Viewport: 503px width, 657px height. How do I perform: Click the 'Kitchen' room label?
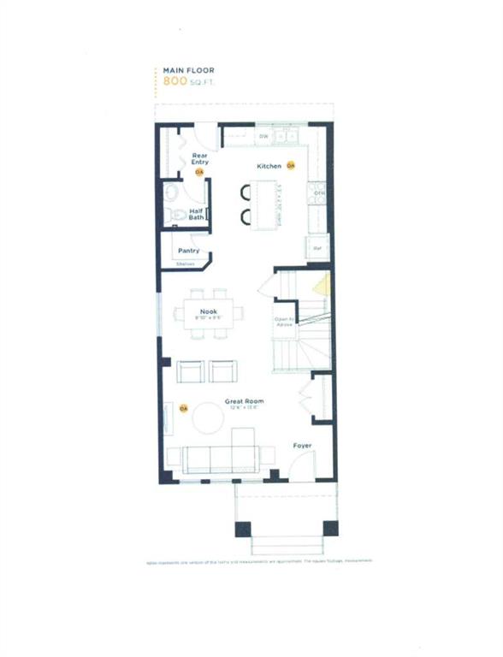(269, 165)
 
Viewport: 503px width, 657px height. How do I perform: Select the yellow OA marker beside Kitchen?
(291, 165)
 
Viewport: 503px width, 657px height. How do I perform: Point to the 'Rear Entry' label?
(199, 158)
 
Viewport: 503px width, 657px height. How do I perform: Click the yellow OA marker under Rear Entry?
(199, 172)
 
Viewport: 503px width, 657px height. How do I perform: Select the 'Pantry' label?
(188, 251)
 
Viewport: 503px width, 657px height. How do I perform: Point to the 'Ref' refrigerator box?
(317, 248)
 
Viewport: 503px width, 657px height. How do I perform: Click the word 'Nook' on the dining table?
(208, 311)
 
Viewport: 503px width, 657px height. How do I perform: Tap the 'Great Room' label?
(244, 400)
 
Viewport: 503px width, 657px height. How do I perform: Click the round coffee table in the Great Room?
(208, 419)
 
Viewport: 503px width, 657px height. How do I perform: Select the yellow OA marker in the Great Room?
(183, 409)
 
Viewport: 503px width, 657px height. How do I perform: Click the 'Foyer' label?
(302, 445)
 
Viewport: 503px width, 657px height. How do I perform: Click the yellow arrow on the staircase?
(321, 285)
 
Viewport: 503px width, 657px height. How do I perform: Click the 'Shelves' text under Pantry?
(185, 264)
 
